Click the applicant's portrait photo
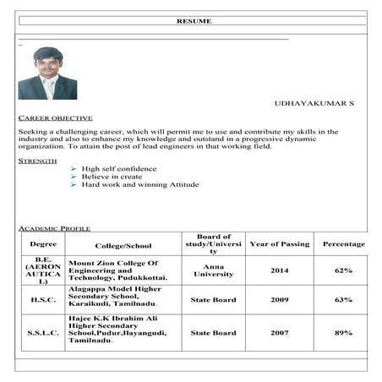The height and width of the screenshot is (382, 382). [47, 74]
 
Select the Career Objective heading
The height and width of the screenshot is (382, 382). [55, 118]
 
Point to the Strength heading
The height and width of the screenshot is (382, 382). [37, 160]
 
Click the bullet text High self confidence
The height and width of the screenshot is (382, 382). [119, 169]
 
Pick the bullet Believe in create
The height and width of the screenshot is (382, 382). [112, 177]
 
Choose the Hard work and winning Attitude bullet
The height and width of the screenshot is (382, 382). [140, 184]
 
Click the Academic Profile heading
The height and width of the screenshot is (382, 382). [54, 228]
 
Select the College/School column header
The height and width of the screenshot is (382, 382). [123, 244]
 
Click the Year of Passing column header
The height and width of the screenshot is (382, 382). [280, 244]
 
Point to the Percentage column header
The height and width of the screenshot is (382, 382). [343, 244]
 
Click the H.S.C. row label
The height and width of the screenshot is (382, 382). [43, 300]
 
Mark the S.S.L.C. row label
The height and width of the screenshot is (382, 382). [43, 333]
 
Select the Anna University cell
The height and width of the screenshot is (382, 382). [213, 270]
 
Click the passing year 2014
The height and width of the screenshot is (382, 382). [280, 270]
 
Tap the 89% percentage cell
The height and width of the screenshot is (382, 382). [343, 333]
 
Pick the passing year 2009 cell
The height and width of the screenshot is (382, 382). [280, 300]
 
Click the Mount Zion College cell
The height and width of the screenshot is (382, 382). [117, 270]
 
